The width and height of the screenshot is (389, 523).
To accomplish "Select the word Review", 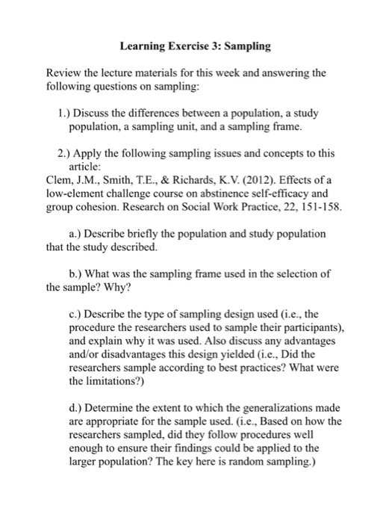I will click(63, 75).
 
